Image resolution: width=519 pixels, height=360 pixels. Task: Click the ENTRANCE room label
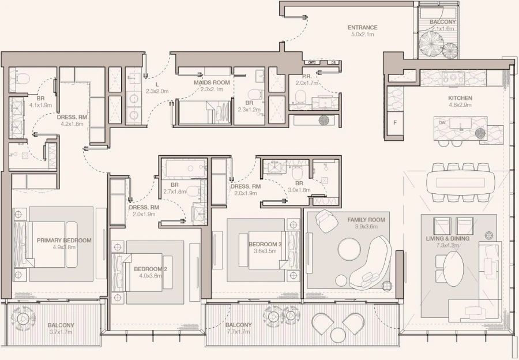point(362,28)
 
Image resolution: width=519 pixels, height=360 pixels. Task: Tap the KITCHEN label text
point(460,98)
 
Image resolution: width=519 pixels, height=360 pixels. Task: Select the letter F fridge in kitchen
point(395,123)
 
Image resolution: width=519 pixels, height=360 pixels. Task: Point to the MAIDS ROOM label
point(212,82)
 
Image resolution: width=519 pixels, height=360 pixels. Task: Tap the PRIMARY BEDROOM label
point(63,240)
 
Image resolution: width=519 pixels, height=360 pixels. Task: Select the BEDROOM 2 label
point(150,269)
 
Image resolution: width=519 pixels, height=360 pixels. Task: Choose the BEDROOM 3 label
point(265,244)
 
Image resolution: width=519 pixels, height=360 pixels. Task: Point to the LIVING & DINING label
point(447,238)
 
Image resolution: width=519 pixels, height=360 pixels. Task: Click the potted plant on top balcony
point(431,42)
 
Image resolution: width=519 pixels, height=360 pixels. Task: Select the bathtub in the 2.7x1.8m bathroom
point(182,169)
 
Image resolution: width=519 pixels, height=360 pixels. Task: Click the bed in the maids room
point(196,112)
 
